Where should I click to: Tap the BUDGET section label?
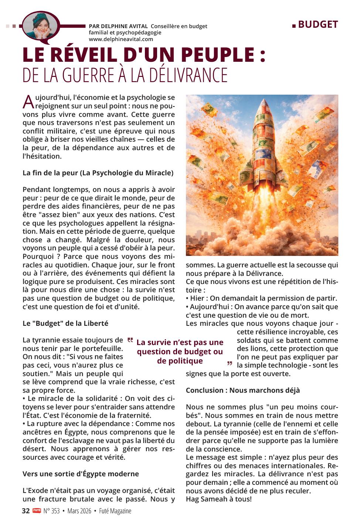coord(317,24)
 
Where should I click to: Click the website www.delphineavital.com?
coord(121,39)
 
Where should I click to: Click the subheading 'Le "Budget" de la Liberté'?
coord(65,323)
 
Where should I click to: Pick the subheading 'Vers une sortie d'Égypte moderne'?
coord(81,474)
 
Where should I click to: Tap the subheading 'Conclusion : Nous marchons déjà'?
coord(242,390)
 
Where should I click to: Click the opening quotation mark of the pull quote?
coord(130,340)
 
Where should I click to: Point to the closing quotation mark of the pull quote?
coord(230,364)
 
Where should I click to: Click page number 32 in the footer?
coord(26,511)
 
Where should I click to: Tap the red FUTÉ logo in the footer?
coord(36,511)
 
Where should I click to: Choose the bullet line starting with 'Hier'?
coord(261,298)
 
